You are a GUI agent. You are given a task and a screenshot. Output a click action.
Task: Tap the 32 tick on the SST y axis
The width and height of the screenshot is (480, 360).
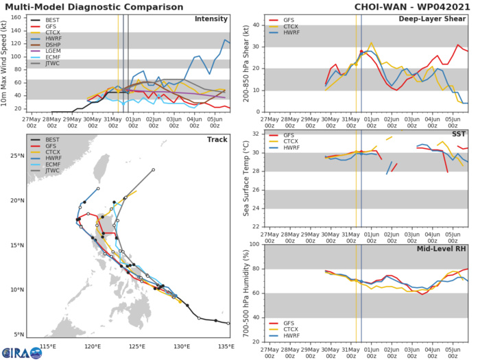pos(257,134)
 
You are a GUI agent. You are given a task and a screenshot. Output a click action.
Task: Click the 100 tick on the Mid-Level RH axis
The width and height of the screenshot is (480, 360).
pos(256,244)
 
